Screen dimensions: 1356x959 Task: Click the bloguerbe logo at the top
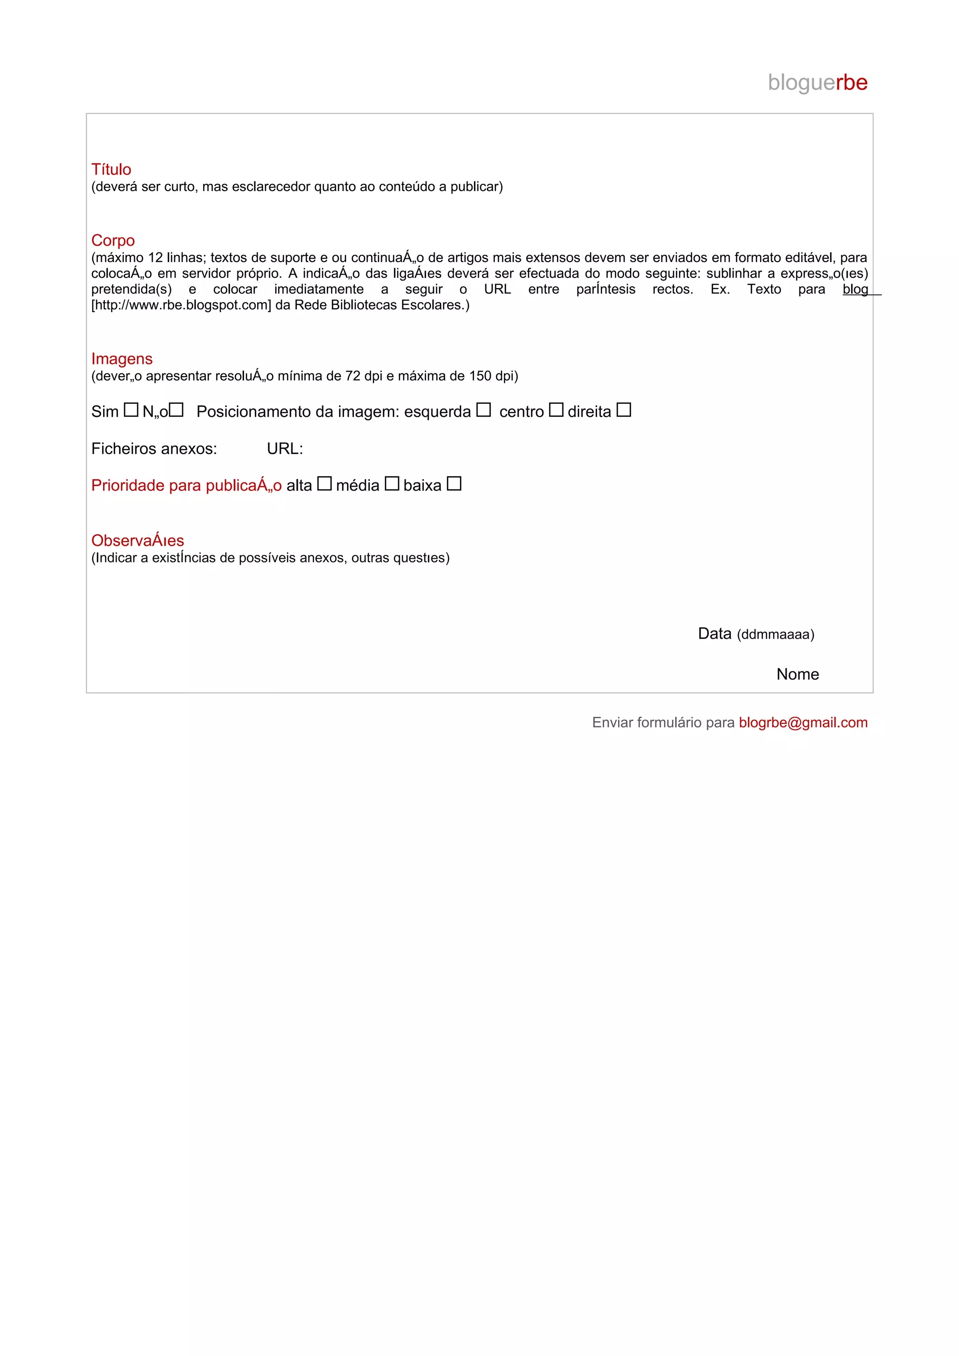pos(817,83)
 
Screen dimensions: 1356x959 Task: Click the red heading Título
pos(111,169)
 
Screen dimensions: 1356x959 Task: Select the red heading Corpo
pos(113,241)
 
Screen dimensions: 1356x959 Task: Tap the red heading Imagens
pos(122,358)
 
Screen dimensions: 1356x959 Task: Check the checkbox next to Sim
pos(131,410)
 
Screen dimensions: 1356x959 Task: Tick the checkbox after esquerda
pos(483,410)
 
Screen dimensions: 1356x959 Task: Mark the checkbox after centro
pos(556,410)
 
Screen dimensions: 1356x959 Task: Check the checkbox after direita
pos(624,410)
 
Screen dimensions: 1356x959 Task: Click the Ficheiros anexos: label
pos(154,449)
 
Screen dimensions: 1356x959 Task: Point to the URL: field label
pos(285,449)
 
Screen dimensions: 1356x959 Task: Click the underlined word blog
pos(855,289)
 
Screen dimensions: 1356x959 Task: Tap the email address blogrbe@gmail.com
pos(803,722)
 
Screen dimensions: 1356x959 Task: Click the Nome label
pos(798,674)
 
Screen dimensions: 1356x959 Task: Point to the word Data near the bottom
pos(715,634)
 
